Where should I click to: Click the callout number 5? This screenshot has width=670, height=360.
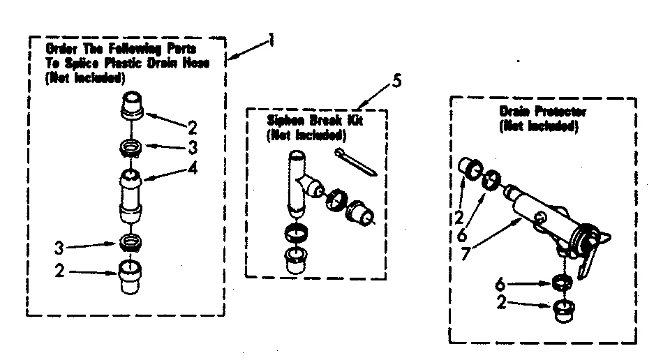coord(396,82)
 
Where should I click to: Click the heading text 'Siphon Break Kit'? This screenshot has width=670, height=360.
coord(315,119)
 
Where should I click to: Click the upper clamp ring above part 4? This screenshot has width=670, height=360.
coord(131,148)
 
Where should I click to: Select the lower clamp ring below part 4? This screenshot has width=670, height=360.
coord(131,241)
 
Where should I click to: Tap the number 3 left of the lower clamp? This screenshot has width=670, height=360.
coord(60,248)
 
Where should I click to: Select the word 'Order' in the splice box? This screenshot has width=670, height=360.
coord(61,49)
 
